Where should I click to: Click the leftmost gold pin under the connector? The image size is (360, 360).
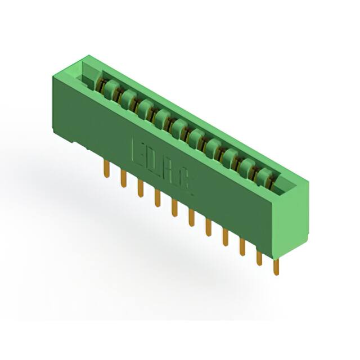click(x=106, y=169)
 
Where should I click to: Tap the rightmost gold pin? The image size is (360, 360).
click(x=276, y=265)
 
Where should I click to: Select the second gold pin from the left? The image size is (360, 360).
click(x=123, y=178)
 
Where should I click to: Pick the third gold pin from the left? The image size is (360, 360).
click(x=140, y=188)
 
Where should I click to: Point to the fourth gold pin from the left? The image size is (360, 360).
click(x=157, y=198)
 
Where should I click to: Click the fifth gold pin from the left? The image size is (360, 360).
click(x=174, y=208)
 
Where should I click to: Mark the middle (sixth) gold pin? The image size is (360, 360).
click(x=191, y=217)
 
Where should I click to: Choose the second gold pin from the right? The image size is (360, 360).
click(x=259, y=256)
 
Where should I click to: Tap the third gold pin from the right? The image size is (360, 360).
click(x=242, y=246)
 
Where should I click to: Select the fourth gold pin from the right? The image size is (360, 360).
click(x=226, y=237)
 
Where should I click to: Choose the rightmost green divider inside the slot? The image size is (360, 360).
click(x=264, y=176)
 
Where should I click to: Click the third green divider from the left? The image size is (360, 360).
click(x=145, y=108)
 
